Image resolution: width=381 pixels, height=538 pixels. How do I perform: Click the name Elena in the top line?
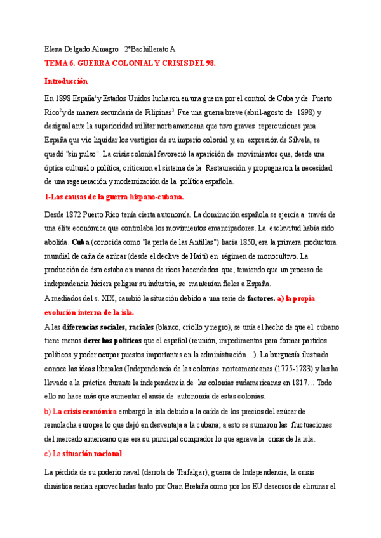click(54, 49)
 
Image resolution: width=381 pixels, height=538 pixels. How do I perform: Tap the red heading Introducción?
click(66, 81)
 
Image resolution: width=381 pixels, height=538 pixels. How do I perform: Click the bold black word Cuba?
click(81, 242)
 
